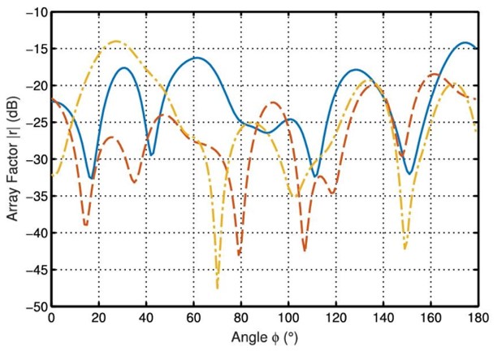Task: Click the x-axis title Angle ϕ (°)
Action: [x=264, y=336]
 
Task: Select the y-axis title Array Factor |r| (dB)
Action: [x=11, y=159]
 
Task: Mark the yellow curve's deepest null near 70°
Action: [x=217, y=288]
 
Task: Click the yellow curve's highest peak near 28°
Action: [x=116, y=41]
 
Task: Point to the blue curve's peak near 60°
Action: [x=195, y=58]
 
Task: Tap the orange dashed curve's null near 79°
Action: [x=239, y=255]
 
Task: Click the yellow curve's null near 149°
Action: [x=405, y=249]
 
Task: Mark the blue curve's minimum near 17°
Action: [x=91, y=178]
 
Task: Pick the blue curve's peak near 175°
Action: [x=466, y=42]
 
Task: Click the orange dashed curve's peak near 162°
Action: [x=435, y=75]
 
